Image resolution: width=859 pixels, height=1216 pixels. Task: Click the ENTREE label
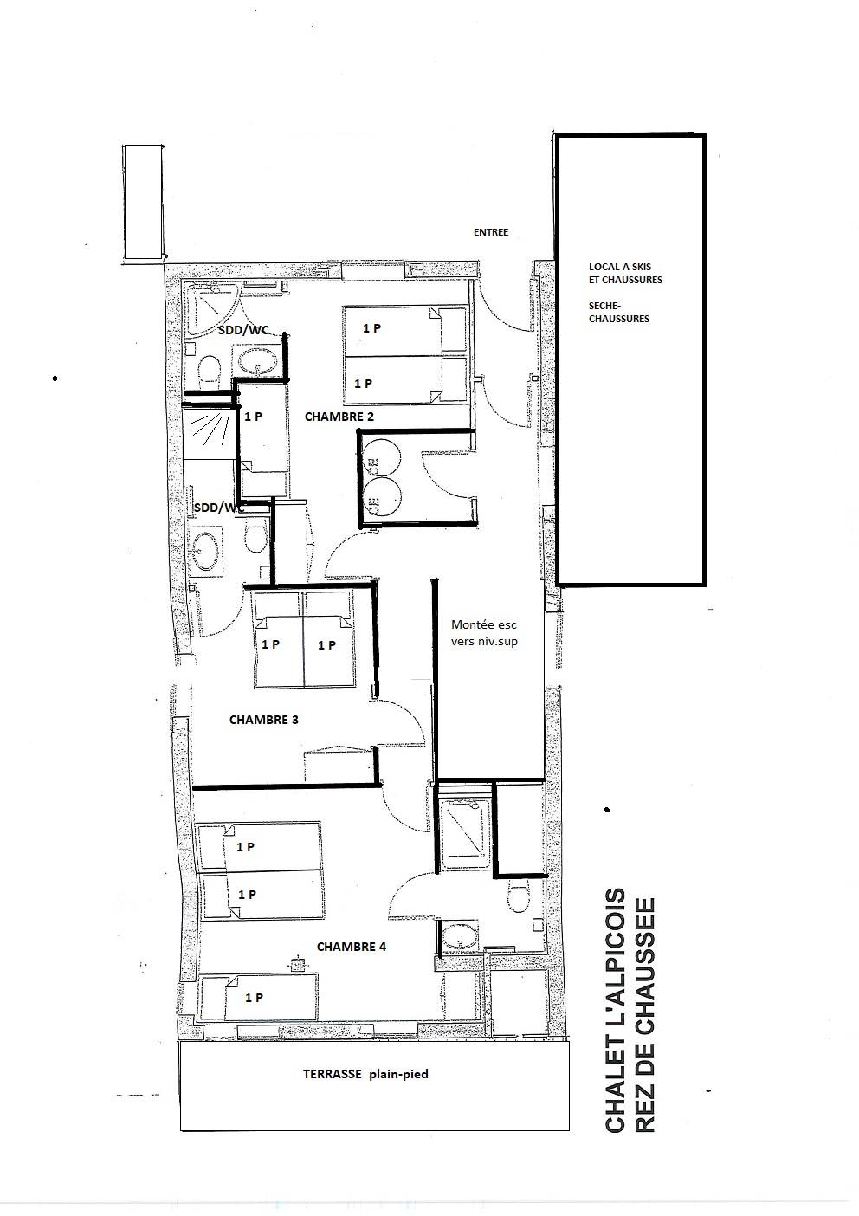(x=490, y=232)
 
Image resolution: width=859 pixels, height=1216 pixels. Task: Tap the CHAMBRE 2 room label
(x=339, y=417)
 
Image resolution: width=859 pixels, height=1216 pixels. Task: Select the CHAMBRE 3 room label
(x=264, y=720)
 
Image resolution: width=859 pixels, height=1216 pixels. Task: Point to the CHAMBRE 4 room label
(x=351, y=947)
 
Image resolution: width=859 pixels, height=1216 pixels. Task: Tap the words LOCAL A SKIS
(x=620, y=267)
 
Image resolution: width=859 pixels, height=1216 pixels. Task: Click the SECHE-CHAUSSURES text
(x=618, y=312)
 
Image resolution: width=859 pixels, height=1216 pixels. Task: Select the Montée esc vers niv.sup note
(x=484, y=633)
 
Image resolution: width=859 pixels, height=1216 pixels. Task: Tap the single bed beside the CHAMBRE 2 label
(x=263, y=438)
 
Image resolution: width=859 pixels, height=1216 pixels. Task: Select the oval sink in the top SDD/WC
(x=255, y=359)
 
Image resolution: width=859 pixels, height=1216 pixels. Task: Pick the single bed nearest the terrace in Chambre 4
(x=259, y=997)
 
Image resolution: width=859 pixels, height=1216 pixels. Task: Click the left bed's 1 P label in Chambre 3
(x=270, y=644)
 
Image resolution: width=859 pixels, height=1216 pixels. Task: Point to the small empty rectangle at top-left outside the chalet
(x=143, y=203)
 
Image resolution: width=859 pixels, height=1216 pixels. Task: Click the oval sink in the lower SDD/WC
(x=205, y=551)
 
